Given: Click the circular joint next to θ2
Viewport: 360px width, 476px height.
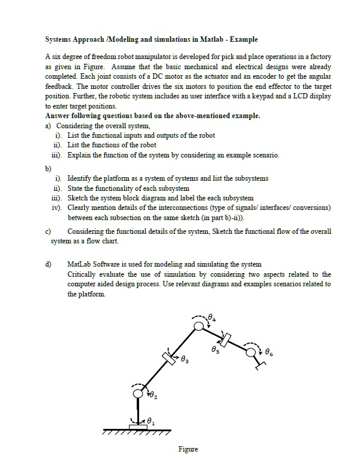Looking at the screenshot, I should pyautogui.click(x=139, y=393).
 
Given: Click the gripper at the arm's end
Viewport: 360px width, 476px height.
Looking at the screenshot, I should pyautogui.click(x=261, y=361).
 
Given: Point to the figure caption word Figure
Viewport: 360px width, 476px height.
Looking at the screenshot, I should pyautogui.click(x=188, y=449).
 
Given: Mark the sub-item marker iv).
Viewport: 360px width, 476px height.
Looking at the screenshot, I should pyautogui.click(x=58, y=208).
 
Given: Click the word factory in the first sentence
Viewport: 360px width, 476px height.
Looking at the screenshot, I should pyautogui.click(x=319, y=57).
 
